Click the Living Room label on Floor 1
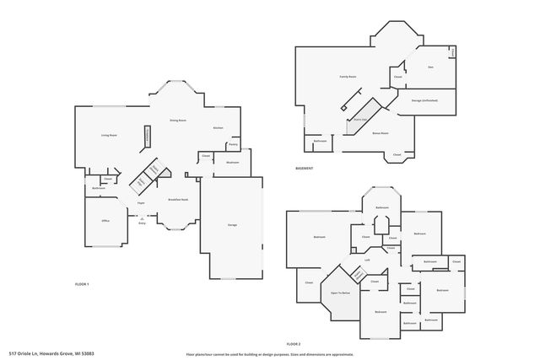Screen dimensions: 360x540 click(108, 136)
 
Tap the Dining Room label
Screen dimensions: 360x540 click(177, 121)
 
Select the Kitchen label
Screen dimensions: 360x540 click(218, 128)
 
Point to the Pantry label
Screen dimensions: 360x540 click(232, 145)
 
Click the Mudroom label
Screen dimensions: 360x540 click(232, 162)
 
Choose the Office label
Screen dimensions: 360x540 click(106, 221)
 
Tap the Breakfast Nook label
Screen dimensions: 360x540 click(177, 199)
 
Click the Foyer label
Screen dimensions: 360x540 click(142, 203)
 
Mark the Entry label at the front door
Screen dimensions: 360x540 click(142, 223)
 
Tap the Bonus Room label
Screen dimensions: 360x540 click(380, 133)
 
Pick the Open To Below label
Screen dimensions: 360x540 click(341, 293)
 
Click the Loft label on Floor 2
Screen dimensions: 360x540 click(368, 261)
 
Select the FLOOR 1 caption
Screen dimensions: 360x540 click(82, 284)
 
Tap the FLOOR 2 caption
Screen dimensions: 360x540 click(294, 345)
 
